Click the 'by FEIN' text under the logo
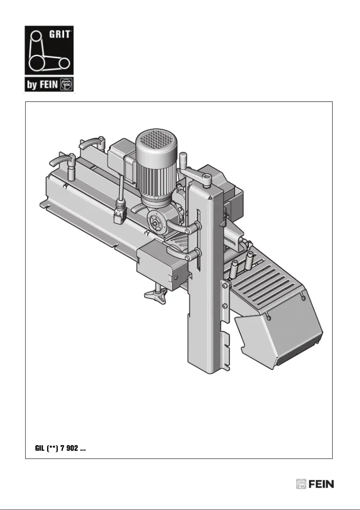click(x=42, y=84)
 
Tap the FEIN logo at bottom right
click(x=315, y=484)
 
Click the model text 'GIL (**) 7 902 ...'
click(x=61, y=448)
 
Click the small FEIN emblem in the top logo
click(x=68, y=84)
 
